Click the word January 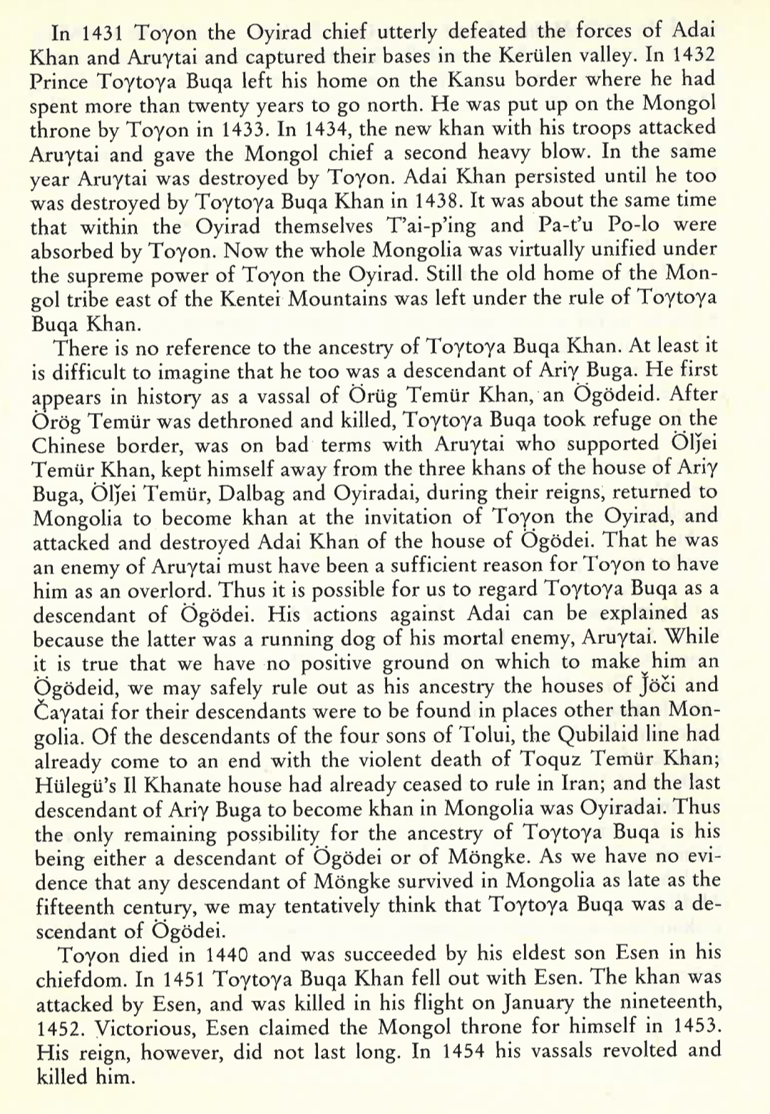(x=538, y=1003)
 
